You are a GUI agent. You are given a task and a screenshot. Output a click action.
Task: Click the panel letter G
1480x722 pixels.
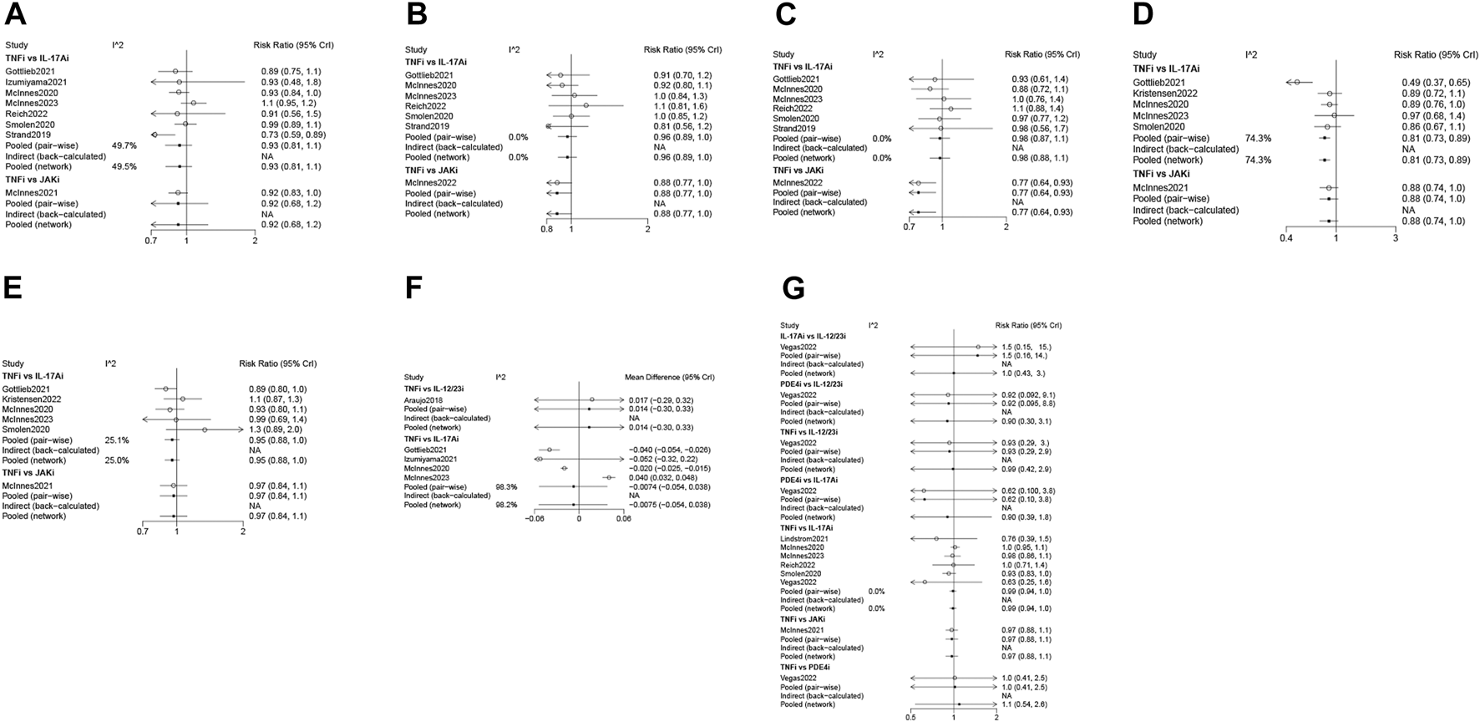pyautogui.click(x=793, y=289)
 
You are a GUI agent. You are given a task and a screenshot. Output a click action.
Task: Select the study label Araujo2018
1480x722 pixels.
pyautogui.click(x=424, y=400)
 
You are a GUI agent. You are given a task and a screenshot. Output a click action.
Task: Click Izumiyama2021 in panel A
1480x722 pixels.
pyautogui.click(x=37, y=82)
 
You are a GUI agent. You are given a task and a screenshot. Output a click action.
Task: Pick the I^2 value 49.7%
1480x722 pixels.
pyautogui.click(x=124, y=145)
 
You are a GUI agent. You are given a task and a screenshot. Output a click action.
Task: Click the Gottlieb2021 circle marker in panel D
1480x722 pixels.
pyautogui.click(x=1297, y=82)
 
